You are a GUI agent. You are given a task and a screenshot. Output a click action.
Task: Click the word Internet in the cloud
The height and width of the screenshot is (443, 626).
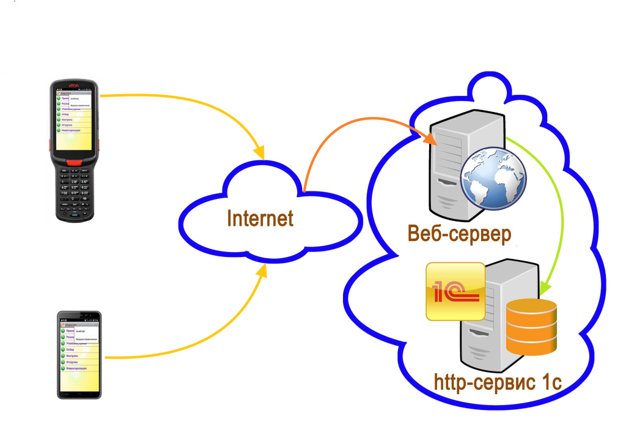[x=260, y=218]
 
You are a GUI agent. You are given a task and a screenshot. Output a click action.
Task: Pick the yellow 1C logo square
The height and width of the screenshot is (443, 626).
[x=456, y=291]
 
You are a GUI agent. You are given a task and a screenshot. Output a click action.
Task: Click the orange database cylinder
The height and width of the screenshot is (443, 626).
[x=531, y=327]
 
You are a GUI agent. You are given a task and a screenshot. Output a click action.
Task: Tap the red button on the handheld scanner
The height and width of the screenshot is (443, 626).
[x=75, y=162]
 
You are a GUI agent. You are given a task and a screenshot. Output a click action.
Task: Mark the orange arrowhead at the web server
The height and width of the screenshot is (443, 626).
[x=432, y=140]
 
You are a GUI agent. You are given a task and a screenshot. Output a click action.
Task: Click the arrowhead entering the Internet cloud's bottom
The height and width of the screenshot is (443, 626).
[x=262, y=273]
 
